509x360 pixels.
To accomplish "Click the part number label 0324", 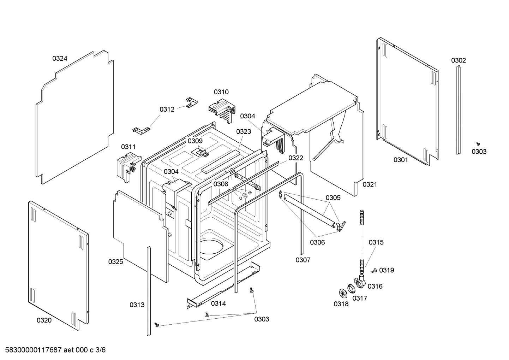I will click(60, 59).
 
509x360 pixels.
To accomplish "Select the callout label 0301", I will click(401, 160).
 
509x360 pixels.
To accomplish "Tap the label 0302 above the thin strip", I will click(458, 60).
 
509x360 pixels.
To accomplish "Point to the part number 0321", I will click(370, 184).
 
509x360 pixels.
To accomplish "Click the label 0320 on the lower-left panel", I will click(44, 320).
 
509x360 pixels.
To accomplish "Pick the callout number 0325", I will click(115, 262).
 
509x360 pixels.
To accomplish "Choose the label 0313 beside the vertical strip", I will click(137, 305).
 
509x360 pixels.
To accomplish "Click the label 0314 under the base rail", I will click(218, 303).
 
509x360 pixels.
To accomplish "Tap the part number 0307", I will click(303, 260).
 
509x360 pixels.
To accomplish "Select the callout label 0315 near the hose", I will click(376, 242).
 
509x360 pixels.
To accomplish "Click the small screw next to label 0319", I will click(374, 271).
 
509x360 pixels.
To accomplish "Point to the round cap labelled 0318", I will click(343, 293).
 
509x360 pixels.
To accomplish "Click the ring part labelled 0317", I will click(352, 289).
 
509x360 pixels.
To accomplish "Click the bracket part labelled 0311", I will click(127, 166).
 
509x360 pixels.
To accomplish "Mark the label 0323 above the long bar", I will click(244, 132).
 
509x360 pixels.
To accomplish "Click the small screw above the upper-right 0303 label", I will click(478, 143).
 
